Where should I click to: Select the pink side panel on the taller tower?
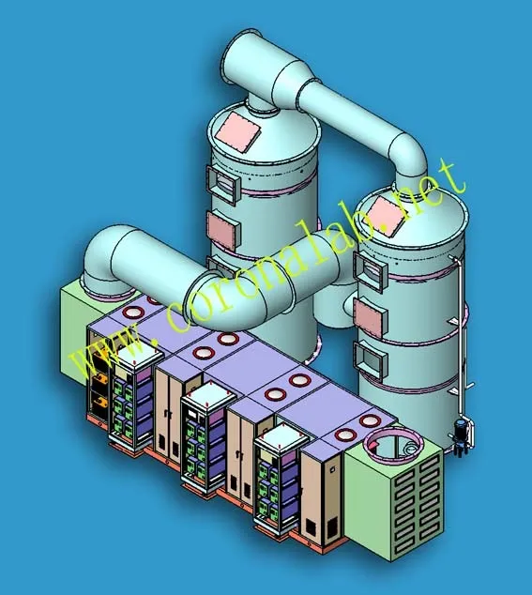tap(223, 231)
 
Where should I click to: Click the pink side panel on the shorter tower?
tap(371, 317)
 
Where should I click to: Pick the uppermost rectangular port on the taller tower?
tap(223, 185)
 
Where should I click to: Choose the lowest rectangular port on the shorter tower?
tap(371, 359)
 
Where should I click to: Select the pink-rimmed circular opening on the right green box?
tap(393, 444)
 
